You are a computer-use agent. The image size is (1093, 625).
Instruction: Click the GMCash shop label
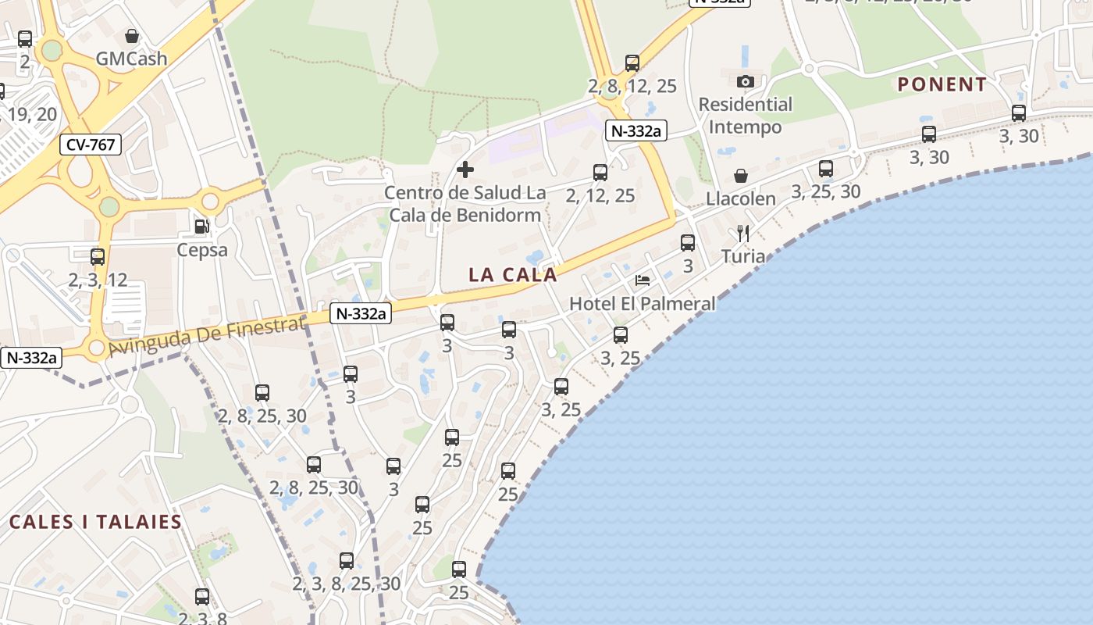pos(131,59)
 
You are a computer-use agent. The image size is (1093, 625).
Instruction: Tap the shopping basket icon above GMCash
pos(132,36)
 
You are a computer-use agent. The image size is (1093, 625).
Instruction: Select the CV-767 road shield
pos(91,145)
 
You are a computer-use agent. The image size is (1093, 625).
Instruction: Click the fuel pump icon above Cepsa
pos(201,227)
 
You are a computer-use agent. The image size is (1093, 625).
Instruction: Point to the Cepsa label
pos(202,250)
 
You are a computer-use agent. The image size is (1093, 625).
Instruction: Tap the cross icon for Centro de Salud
pos(465,170)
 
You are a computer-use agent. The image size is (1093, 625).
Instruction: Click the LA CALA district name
pos(513,275)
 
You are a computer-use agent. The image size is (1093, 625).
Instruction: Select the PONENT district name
pos(942,84)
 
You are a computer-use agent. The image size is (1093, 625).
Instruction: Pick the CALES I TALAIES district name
pos(95,522)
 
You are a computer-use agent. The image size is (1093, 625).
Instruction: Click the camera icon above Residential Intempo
pos(745,81)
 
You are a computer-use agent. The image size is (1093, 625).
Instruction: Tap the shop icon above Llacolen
pos(740,176)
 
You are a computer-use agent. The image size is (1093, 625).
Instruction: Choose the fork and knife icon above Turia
pos(743,234)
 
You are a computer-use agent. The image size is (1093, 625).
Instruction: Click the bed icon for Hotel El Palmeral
pos(643,280)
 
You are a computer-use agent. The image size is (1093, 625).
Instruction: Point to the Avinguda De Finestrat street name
pos(207,337)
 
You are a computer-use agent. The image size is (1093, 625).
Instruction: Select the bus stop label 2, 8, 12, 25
pos(632,86)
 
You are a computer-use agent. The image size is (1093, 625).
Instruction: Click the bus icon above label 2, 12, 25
pos(600,173)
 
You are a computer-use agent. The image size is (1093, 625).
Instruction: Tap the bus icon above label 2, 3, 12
pos(98,256)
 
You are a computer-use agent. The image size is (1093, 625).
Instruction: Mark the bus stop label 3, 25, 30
pos(826,191)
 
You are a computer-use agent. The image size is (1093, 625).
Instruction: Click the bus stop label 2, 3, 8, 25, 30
pos(347,584)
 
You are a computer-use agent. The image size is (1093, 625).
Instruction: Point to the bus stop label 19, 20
pos(32,114)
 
